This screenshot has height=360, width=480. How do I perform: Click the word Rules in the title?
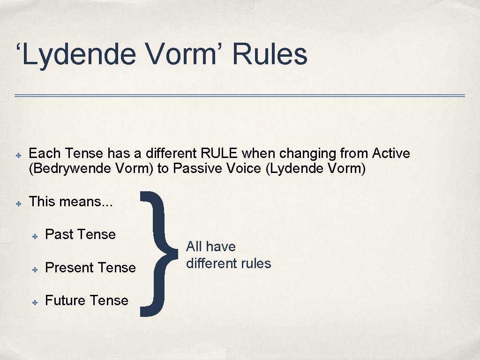[x=270, y=55]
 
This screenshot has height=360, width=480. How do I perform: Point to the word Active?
[x=391, y=153]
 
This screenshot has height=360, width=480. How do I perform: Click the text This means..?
[x=71, y=202]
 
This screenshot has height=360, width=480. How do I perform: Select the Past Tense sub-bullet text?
[x=80, y=234]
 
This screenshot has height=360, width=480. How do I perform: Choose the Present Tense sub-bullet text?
[x=90, y=268]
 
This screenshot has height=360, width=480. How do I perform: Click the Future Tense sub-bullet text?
[x=87, y=300]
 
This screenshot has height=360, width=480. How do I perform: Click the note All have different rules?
[x=228, y=255]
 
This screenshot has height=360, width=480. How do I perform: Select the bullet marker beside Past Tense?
[x=34, y=235]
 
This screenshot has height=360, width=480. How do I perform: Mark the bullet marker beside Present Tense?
[x=34, y=269]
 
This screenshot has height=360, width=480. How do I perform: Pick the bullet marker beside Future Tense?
[x=34, y=301]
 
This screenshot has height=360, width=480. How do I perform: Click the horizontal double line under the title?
[x=240, y=96]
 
